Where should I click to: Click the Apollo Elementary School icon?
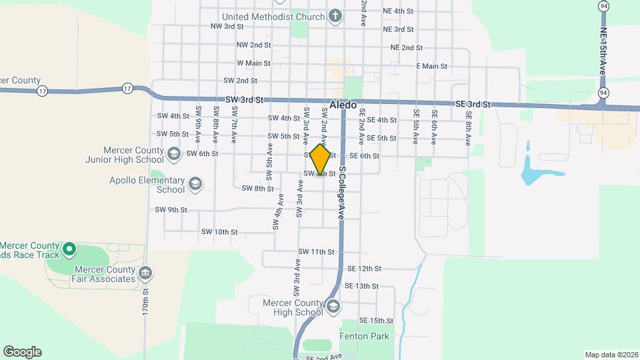(195, 183)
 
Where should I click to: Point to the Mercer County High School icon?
(333, 306)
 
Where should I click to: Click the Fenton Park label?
(364, 337)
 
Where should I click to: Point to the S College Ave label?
(341, 193)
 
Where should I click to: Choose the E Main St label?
(431, 66)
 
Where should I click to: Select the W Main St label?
(253, 63)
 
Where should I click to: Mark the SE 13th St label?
(361, 286)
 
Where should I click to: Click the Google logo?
(22, 351)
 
